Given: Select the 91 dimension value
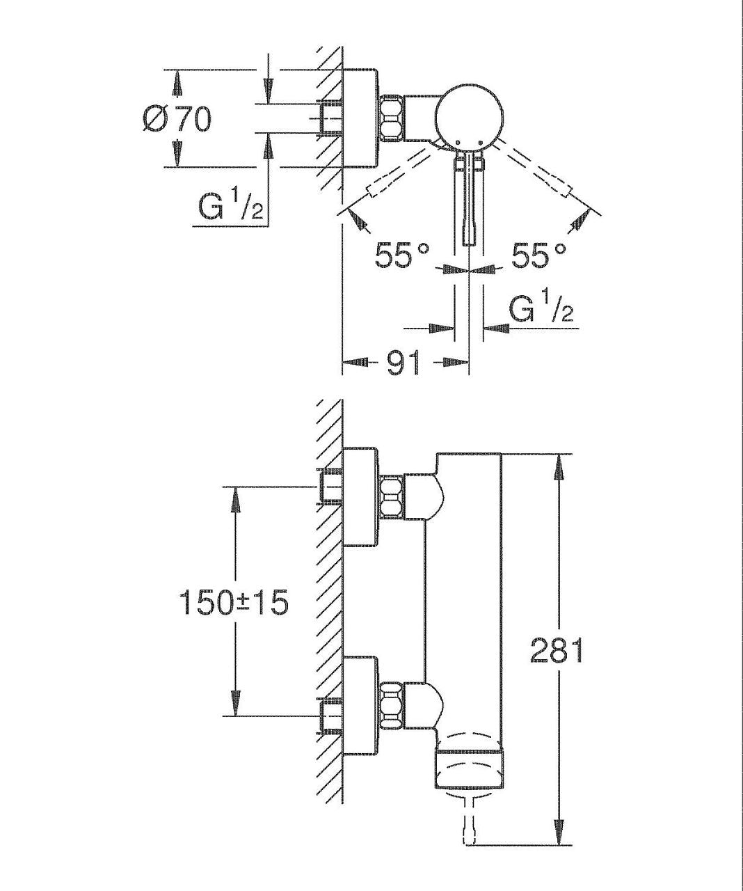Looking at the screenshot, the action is coord(404,363).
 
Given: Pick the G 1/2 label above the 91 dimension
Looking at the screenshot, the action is coord(541,309).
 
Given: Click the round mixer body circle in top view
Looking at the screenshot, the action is coord(469,117).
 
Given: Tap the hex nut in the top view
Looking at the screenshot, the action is coord(392,118).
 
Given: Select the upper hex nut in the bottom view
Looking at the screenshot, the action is coord(392,498).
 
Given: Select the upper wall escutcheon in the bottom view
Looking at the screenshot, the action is coord(360,497).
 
